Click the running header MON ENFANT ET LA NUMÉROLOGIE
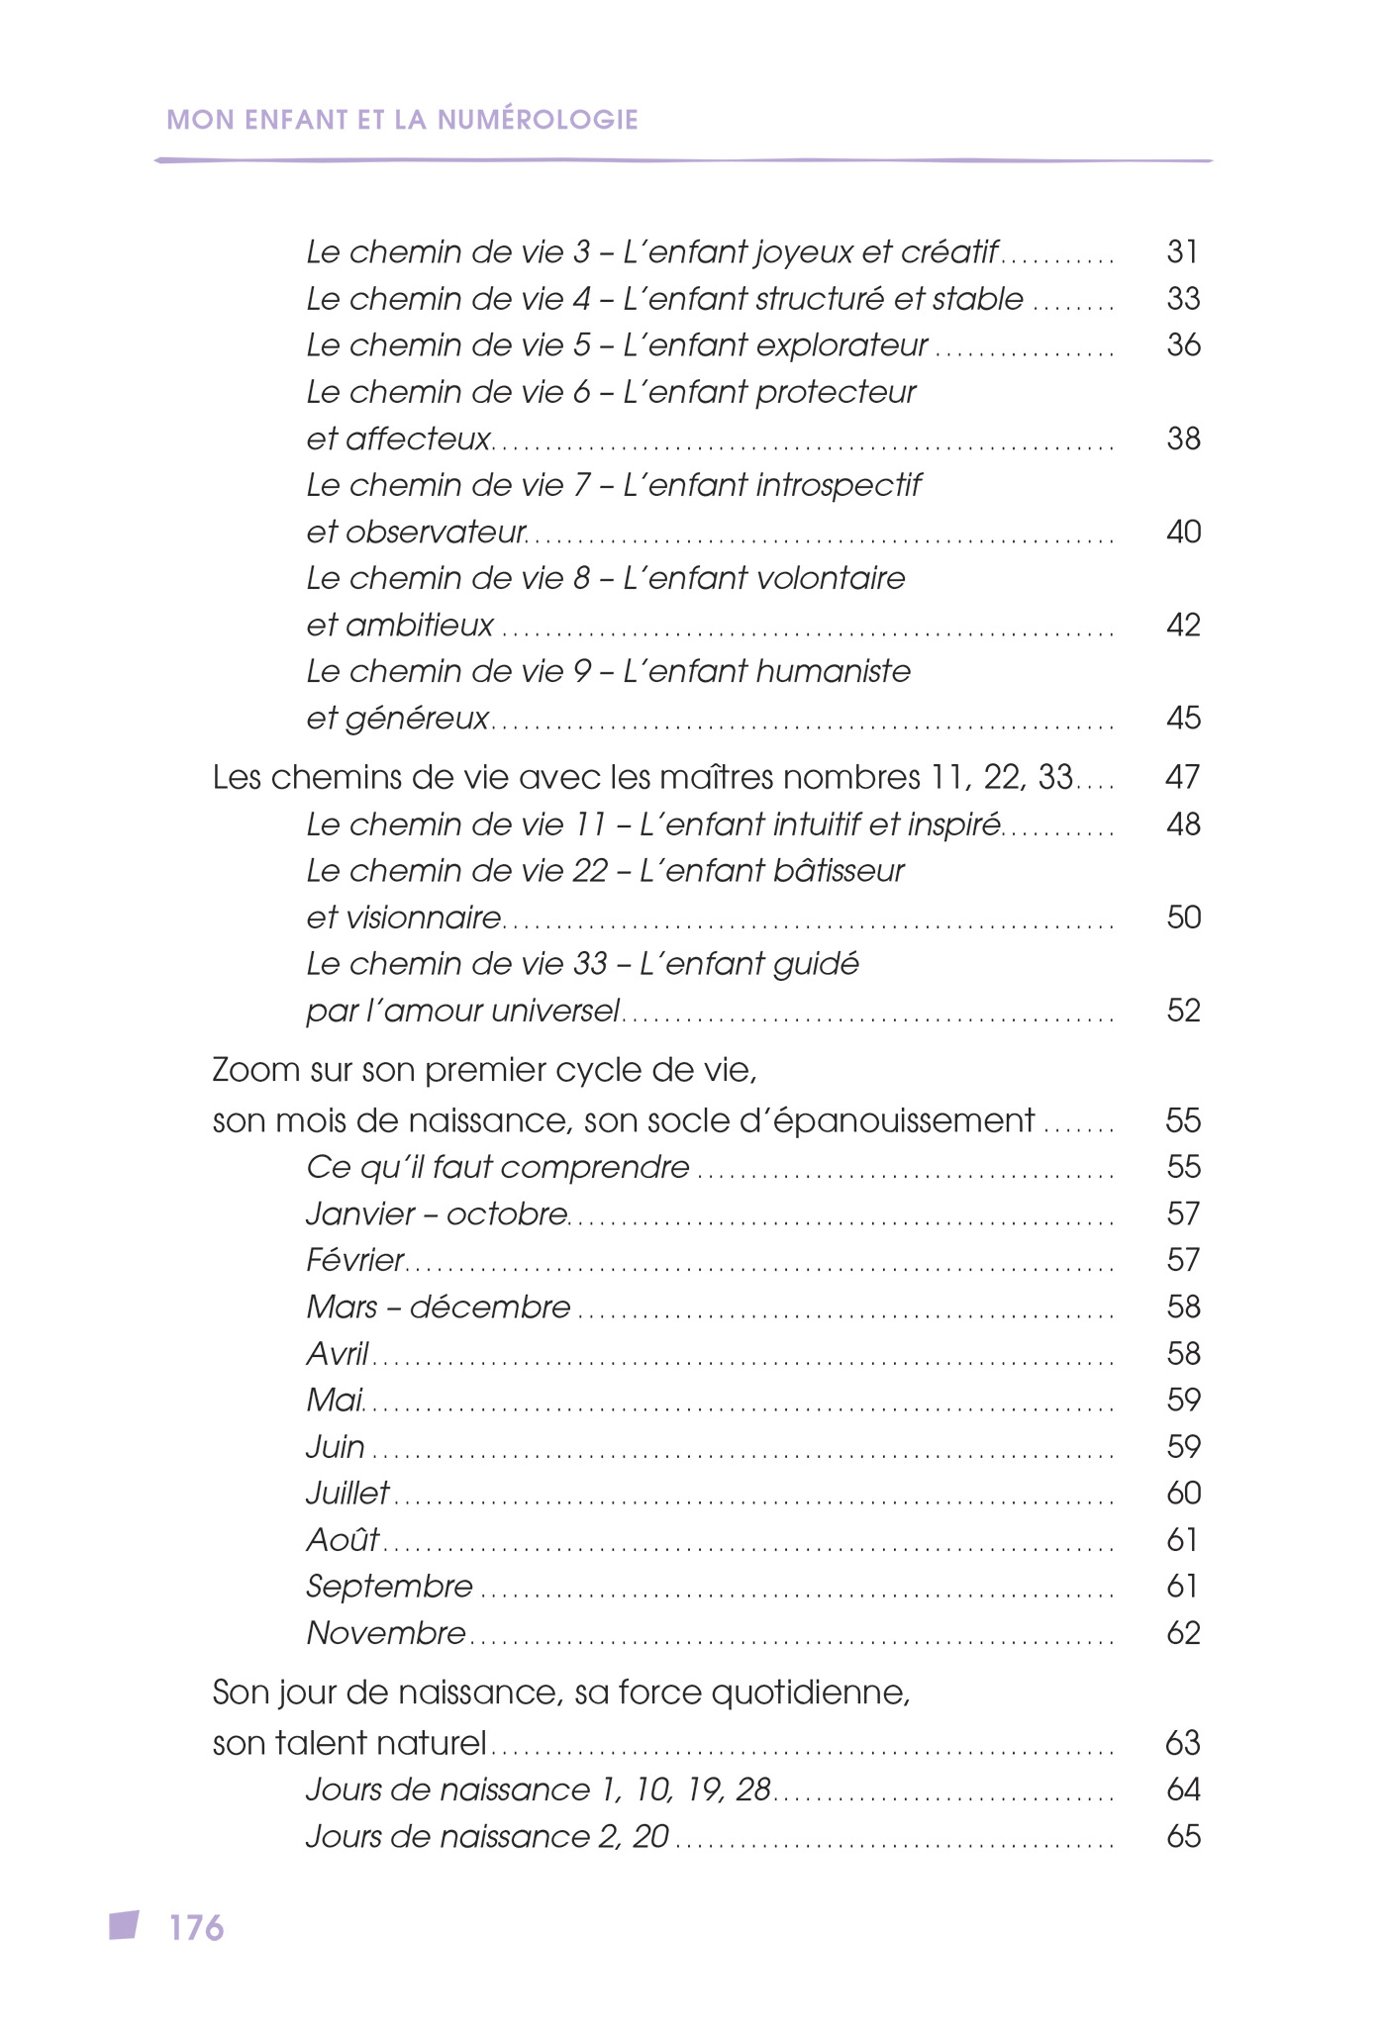pos(402,120)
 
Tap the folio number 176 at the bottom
pos(197,1928)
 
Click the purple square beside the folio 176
pos(124,1925)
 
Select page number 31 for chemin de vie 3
pos(1183,252)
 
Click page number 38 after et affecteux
pos(1183,438)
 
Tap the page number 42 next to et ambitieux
pos(1183,626)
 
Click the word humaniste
pos(833,672)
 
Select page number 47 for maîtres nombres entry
pos(1183,778)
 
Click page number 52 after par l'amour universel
pos(1183,1011)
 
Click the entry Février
pos(355,1260)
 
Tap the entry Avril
pos(338,1353)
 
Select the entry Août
pos(343,1540)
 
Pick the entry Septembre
pos(389,1587)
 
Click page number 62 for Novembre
pos(1183,1633)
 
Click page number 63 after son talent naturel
pos(1183,1743)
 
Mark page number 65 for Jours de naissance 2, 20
pos(1183,1837)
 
